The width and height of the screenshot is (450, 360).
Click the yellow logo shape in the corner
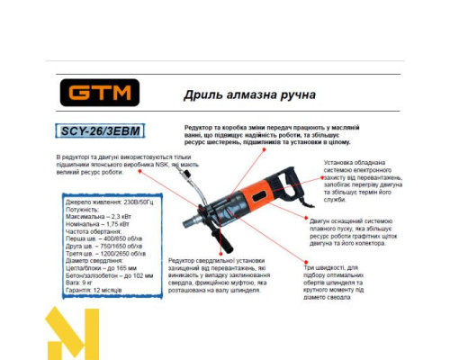tap(72, 334)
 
